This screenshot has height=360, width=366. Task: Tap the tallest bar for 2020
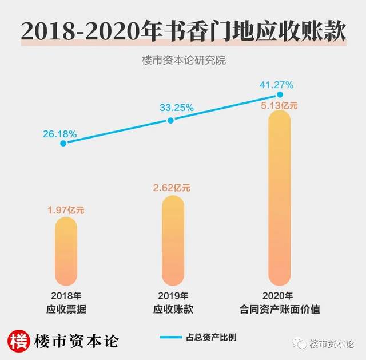click(279, 197)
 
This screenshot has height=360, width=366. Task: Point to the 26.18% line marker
click(63, 143)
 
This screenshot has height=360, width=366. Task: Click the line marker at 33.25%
click(170, 120)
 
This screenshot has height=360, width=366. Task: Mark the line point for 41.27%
click(280, 94)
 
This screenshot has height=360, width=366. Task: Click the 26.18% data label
click(59, 133)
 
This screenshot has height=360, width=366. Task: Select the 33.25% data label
click(176, 107)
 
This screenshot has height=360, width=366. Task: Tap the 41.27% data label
click(276, 85)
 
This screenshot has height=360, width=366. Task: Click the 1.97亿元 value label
click(65, 210)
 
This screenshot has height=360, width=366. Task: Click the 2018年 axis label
click(66, 296)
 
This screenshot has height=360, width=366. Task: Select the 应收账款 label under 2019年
click(173, 309)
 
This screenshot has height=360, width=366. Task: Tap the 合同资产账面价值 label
click(279, 309)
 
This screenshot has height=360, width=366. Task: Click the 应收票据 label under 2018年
click(66, 309)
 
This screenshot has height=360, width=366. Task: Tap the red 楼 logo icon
click(19, 341)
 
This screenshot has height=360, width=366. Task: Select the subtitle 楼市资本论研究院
click(183, 60)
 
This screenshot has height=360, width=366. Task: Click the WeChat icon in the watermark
click(300, 343)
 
